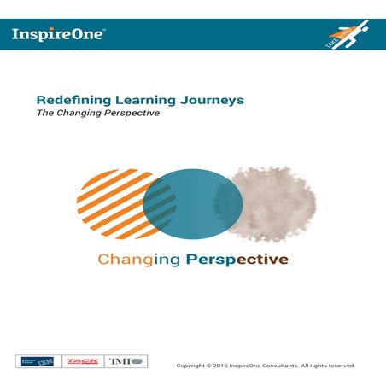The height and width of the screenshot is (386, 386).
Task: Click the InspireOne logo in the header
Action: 58,34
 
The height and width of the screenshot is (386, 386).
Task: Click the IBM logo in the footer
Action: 38,361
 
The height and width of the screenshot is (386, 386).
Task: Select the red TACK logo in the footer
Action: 83,361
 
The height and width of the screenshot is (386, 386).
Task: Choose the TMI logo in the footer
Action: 126,361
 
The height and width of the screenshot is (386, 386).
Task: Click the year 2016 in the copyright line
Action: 223,366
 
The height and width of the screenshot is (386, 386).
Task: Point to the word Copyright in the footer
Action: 191,366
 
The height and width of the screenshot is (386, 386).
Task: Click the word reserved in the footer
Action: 340,366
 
